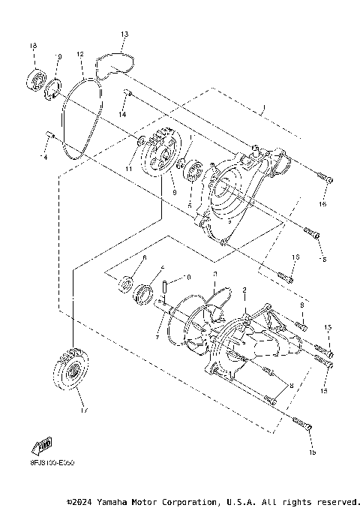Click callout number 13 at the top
point(124,35)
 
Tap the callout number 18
point(32,47)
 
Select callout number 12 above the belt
point(79,54)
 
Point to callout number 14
point(123,114)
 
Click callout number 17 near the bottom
point(82,410)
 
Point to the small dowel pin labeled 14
point(127,94)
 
